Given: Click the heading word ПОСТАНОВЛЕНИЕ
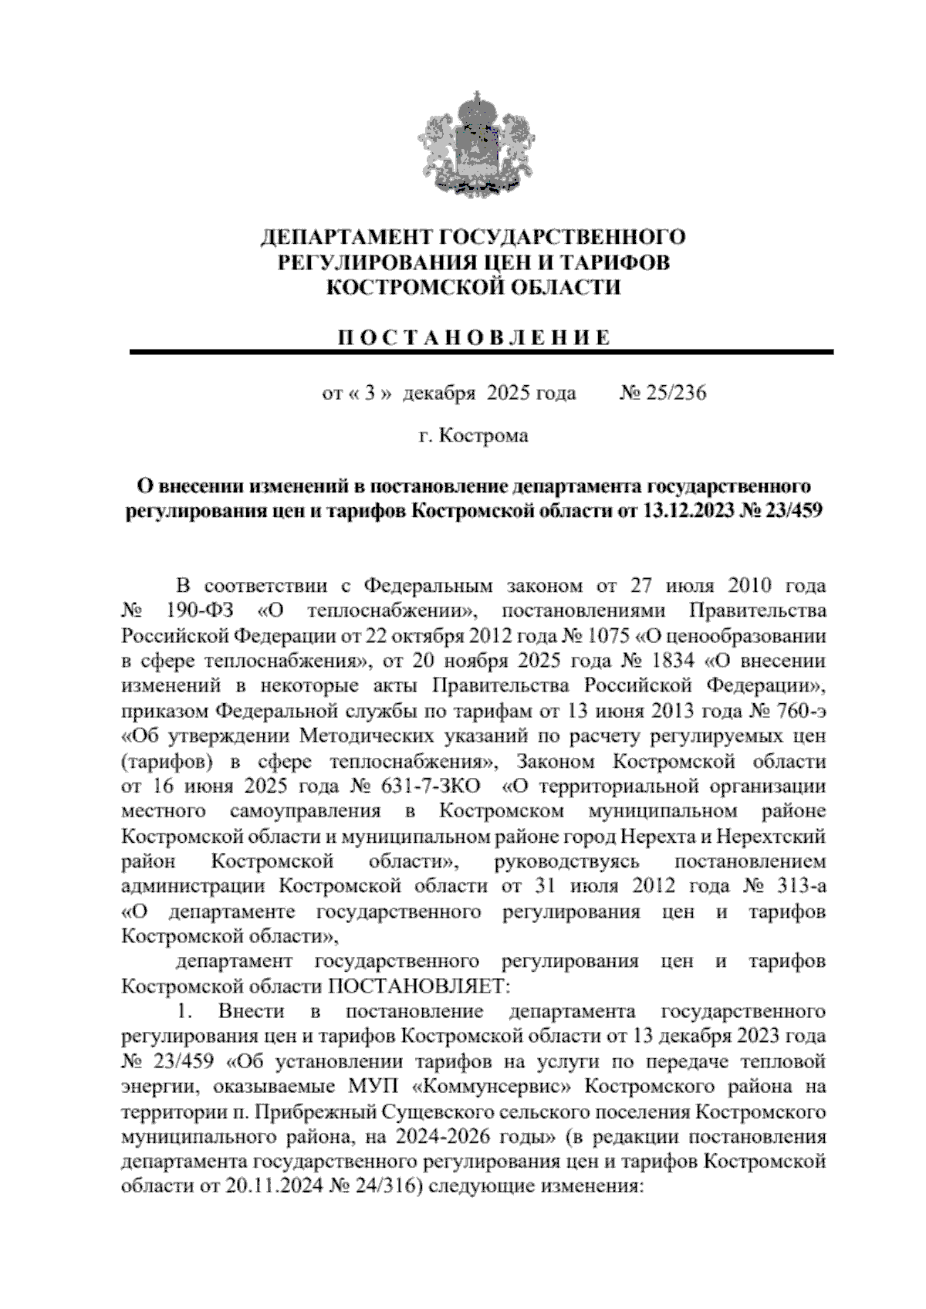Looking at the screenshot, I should pyautogui.click(x=475, y=337).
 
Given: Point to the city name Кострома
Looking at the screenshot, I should pyautogui.click(x=484, y=436).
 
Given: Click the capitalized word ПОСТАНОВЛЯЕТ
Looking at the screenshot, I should pyautogui.click(x=421, y=986).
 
